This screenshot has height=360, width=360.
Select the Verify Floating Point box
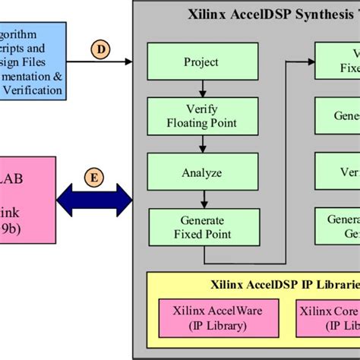tap(201, 115)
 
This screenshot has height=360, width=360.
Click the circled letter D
tap(100, 49)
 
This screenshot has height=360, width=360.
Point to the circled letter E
tap(94, 178)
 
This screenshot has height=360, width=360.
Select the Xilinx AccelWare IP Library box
tap(203, 319)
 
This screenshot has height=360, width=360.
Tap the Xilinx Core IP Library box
tap(327, 319)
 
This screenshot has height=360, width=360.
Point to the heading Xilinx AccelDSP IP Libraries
tap(284, 286)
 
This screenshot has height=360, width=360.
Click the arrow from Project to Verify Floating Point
tap(201, 87)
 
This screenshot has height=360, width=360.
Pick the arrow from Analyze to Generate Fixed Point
tap(201, 200)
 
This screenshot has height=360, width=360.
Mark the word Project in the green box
tap(201, 61)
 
